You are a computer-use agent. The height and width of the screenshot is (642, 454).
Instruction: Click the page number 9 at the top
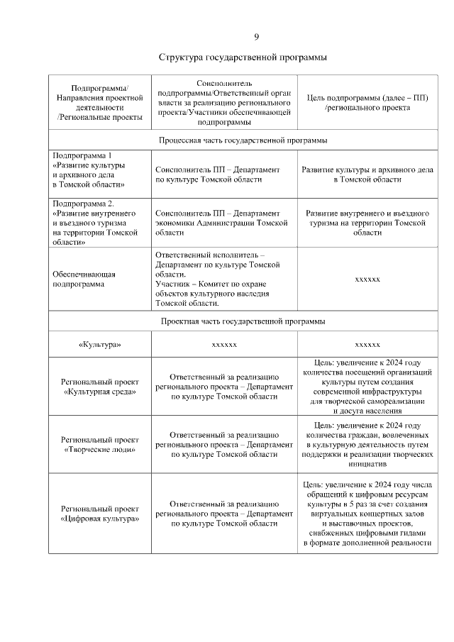click(x=257, y=37)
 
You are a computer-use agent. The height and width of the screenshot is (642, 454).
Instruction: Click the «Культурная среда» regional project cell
click(x=99, y=386)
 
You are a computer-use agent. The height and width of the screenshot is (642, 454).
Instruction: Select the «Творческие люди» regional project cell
click(x=99, y=444)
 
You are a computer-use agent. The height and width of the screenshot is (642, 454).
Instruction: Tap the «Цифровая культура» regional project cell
click(x=99, y=514)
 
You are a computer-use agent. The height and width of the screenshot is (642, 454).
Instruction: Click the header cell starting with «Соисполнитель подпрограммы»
click(x=223, y=103)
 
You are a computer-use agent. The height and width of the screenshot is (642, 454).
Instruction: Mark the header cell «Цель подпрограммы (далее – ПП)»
click(x=367, y=103)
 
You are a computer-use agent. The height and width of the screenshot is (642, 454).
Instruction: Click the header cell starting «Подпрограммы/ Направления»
click(x=99, y=103)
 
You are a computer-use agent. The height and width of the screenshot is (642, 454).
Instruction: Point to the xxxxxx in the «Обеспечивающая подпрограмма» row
click(x=367, y=279)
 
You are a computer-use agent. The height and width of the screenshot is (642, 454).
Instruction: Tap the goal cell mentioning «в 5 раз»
click(x=367, y=514)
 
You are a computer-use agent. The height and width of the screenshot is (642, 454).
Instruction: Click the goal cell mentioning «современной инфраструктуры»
click(x=367, y=386)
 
